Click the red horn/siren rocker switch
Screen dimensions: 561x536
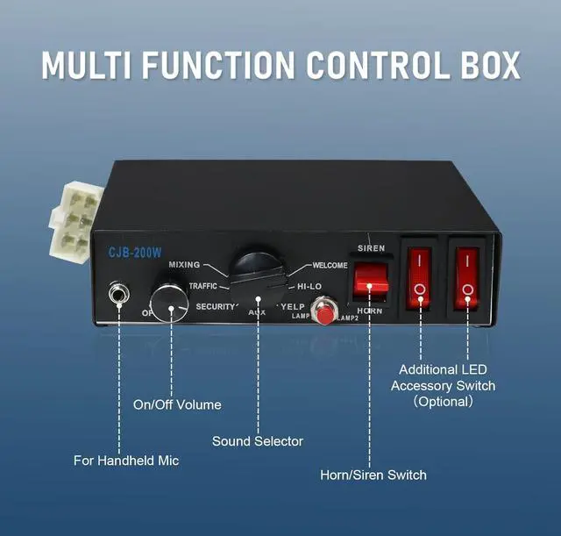pyautogui.click(x=370, y=281)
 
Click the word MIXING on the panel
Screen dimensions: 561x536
pyautogui.click(x=184, y=265)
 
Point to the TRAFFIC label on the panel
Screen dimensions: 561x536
pyautogui.click(x=202, y=286)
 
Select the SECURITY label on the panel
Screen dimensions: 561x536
pyautogui.click(x=215, y=306)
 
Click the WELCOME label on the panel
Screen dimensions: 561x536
pyautogui.click(x=330, y=265)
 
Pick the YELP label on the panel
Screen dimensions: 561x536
pyautogui.click(x=291, y=306)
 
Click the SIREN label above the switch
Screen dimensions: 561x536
pyautogui.click(x=371, y=248)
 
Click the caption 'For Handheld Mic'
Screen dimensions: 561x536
pyautogui.click(x=126, y=461)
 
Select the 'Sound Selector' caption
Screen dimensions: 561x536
pyautogui.click(x=258, y=441)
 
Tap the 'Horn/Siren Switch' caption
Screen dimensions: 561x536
pyautogui.click(x=373, y=475)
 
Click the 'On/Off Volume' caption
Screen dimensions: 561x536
pyautogui.click(x=177, y=404)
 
